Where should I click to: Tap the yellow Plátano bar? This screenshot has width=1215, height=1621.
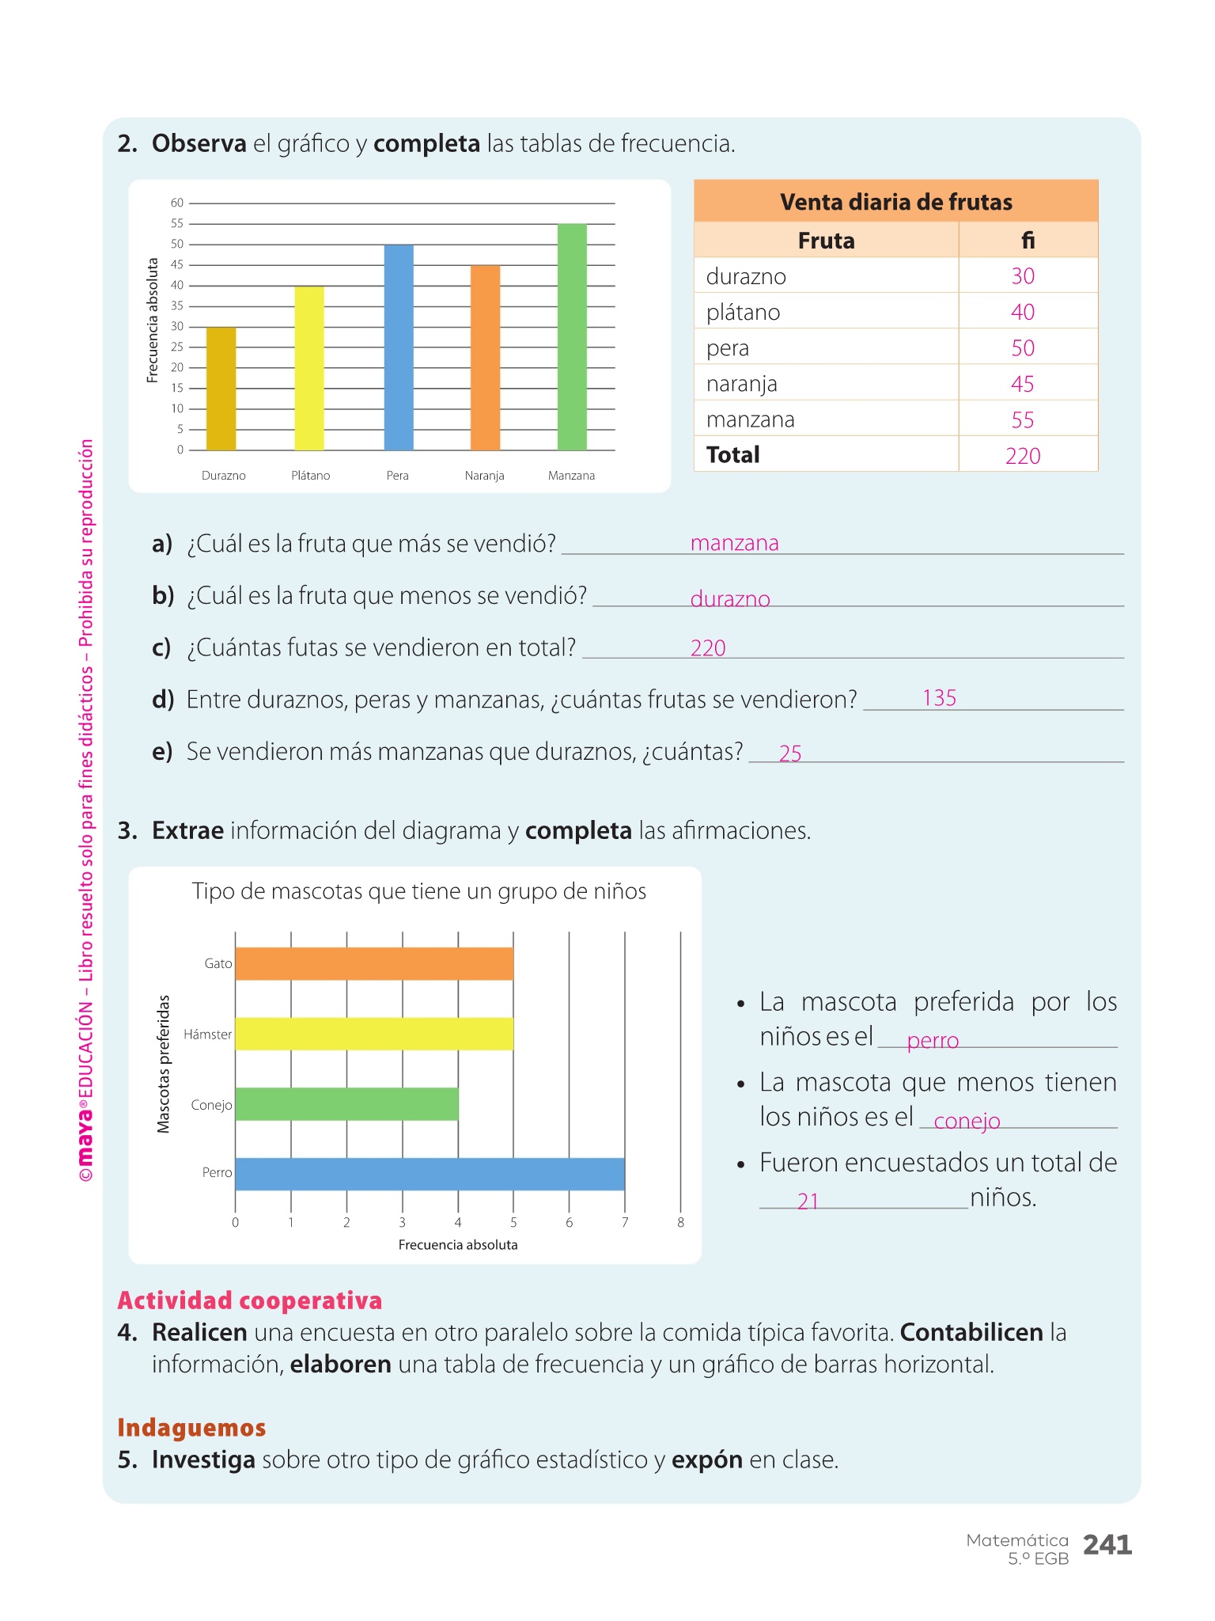(309, 368)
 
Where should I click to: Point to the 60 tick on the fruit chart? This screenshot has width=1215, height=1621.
(177, 203)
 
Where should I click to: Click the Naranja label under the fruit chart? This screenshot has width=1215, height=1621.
(484, 476)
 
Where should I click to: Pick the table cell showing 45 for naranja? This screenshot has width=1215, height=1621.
(1022, 384)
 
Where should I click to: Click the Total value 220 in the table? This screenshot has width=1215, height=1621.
(1022, 456)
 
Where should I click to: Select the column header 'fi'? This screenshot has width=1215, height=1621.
(1028, 241)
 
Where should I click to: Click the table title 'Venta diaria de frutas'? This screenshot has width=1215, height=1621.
(895, 202)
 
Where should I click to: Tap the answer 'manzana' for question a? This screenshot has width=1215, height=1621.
(734, 543)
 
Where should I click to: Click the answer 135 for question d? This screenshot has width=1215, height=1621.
(939, 698)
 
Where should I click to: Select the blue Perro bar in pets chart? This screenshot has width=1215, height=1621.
(430, 1174)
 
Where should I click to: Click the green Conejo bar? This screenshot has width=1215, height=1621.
(346, 1104)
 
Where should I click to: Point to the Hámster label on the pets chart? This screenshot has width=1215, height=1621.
(208, 1034)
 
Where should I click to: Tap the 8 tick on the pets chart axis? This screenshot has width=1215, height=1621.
(680, 1223)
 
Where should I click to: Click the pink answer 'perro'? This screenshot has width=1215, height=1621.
(933, 1041)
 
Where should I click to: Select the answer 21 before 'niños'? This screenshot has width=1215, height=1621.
(808, 1202)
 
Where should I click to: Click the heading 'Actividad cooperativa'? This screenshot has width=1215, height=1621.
(249, 1300)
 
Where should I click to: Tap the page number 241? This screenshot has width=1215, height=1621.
(1107, 1544)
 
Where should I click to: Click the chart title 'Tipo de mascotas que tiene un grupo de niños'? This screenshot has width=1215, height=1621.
(418, 892)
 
